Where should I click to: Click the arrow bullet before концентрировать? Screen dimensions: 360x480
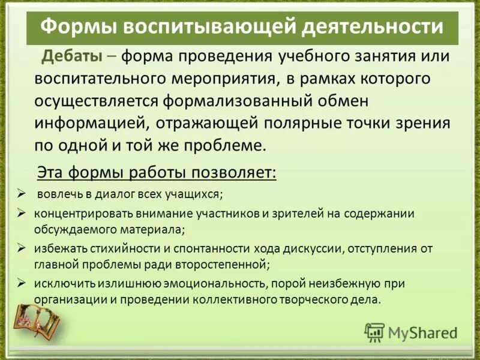coord(21,212)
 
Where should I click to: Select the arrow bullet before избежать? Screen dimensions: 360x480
coord(21,247)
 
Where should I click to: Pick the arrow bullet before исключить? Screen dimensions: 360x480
coord(21,282)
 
